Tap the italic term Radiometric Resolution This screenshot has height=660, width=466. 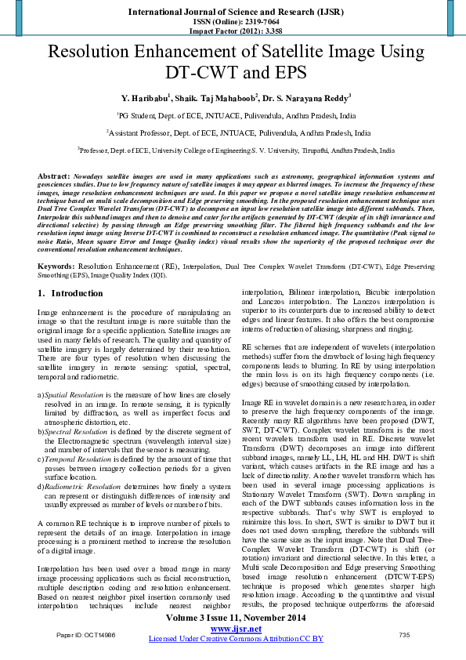[75, 487]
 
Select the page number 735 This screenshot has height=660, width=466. [405, 634]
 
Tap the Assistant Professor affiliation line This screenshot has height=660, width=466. [239, 133]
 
